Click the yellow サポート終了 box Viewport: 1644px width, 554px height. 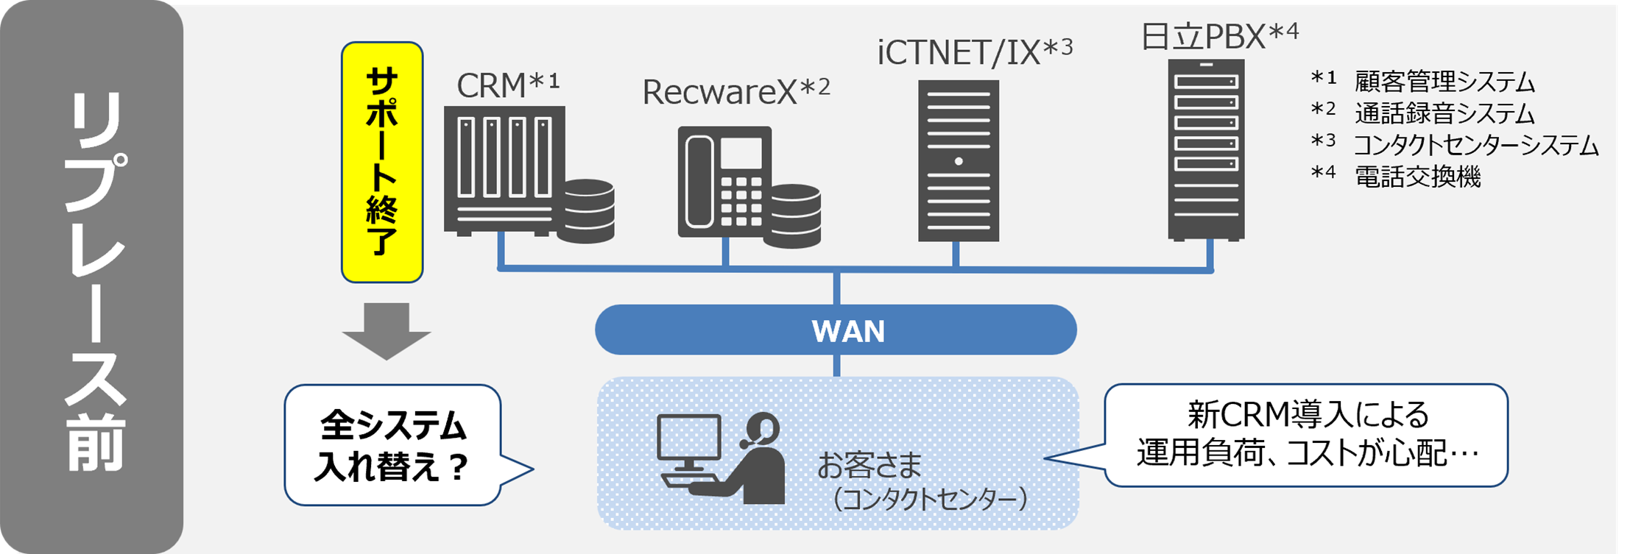pos(382,162)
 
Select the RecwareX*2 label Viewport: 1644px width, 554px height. pos(735,91)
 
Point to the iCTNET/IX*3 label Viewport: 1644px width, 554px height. pos(974,52)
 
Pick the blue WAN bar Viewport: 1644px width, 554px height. pos(836,330)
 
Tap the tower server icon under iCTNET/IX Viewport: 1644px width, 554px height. pos(958,160)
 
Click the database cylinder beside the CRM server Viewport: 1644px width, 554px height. pos(585,210)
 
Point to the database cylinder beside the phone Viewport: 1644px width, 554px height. pos(791,216)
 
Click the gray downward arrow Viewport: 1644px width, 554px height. pos(386,330)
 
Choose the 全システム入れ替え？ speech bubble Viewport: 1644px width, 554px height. pos(393,445)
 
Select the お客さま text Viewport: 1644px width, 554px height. pos(869,465)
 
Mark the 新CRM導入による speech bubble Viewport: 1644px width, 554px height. pos(1306,435)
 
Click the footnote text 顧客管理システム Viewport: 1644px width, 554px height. pos(1444,82)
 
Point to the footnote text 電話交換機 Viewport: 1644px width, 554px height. pos(1417,177)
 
